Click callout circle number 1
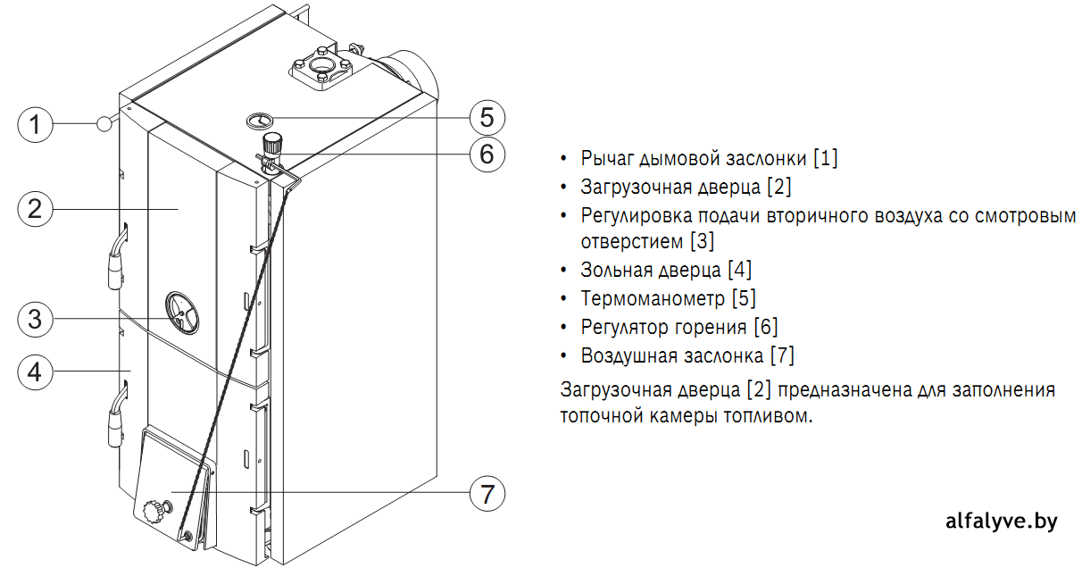coord(35,124)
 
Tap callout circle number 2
coord(35,209)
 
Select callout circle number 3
coord(35,319)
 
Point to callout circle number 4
coord(35,371)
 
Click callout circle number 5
coord(487,118)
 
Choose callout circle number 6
coord(487,154)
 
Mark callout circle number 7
coord(487,493)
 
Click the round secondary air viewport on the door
coord(181,313)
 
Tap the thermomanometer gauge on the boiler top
coord(260,121)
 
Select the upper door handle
coord(117,256)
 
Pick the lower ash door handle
coord(117,413)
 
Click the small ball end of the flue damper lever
coord(104,124)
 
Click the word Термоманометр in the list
coord(653,298)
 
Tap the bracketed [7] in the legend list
coord(783,355)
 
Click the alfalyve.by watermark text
coord(1002,522)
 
